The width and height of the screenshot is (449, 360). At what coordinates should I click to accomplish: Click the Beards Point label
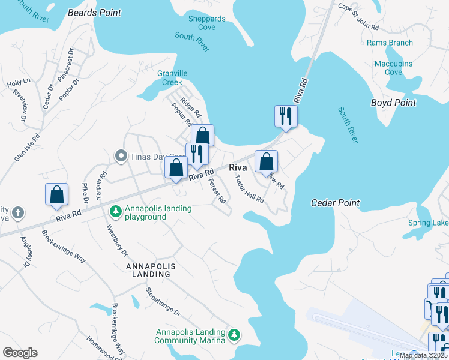coord(94,13)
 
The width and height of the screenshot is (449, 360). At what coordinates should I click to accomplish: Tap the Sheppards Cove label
coord(207,23)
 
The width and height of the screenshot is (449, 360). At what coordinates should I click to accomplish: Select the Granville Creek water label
coord(169,77)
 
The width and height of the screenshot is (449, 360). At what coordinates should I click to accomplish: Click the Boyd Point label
coord(393,103)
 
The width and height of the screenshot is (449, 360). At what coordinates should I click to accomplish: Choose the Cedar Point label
coord(335,203)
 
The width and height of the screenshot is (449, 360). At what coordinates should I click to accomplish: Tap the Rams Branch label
coord(390,43)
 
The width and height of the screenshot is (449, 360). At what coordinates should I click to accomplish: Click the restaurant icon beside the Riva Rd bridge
coord(285,115)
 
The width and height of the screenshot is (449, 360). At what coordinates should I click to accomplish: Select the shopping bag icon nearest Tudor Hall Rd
coord(266,161)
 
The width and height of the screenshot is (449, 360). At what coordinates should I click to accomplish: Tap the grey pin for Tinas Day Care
coord(121,157)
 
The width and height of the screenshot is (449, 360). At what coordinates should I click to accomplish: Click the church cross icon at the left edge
coord(19,212)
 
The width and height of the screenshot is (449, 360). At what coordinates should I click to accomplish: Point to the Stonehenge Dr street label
coord(163,302)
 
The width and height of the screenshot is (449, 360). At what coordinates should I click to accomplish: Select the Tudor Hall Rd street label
coord(249,190)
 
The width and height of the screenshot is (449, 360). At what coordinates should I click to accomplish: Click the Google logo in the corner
coord(20,353)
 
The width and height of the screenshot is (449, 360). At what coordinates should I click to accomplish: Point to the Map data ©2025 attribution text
coord(423,355)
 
